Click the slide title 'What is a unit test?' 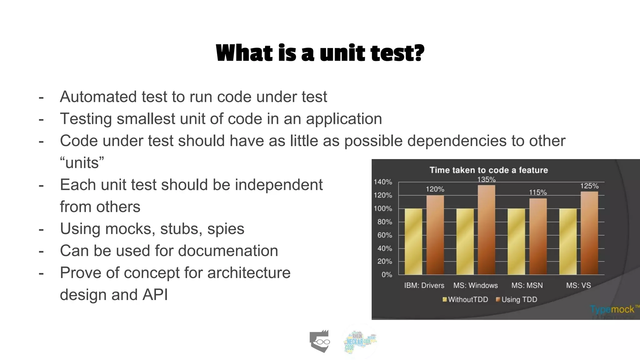coord(320,53)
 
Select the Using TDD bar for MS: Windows coord(486,230)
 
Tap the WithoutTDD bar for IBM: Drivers coord(413,241)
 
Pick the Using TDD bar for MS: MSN coord(538,236)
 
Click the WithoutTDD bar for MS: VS coord(568,241)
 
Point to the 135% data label coord(486,179)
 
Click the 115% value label coord(538,192)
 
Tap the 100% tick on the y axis coord(383,208)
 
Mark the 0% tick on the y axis coord(387,275)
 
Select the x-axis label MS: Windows coord(475,285)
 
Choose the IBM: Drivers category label coord(424,285)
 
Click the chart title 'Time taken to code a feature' coord(489,170)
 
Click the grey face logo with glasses coord(320,341)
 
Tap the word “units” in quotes coord(82,163)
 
